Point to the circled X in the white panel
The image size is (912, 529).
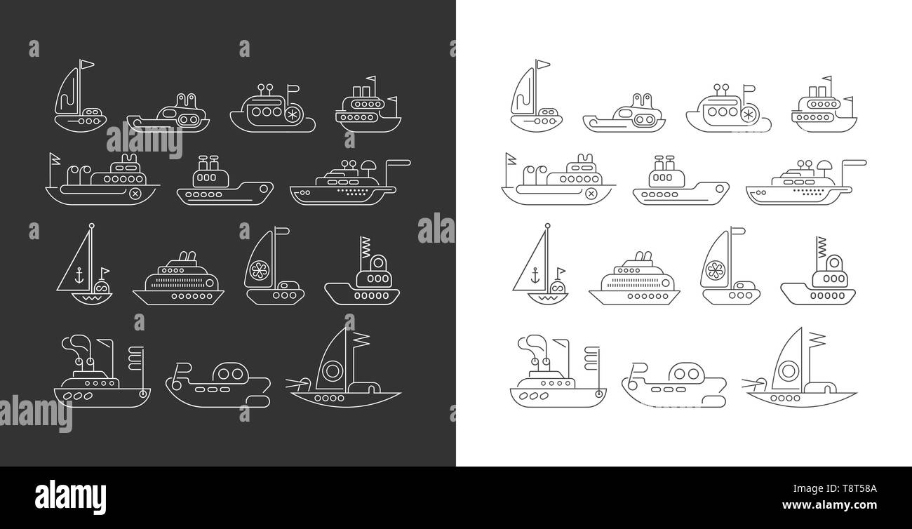tap(591, 193)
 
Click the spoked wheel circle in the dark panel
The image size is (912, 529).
tap(290, 113)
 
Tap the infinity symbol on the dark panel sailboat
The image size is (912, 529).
tap(102, 286)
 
